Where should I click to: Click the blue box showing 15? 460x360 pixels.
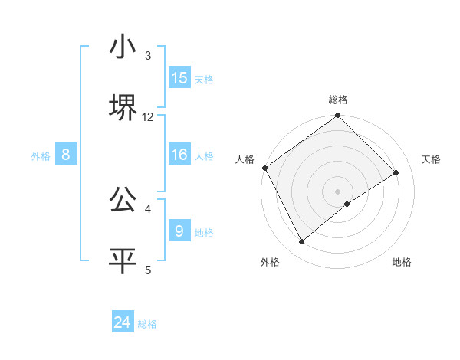179,78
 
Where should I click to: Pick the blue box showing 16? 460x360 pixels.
179,155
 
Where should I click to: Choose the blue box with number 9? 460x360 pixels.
179,230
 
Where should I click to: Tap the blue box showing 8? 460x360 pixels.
66,155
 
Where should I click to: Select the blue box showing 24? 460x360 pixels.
123,322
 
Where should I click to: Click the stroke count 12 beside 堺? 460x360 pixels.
148,116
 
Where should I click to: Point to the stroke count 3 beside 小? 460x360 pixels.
148,56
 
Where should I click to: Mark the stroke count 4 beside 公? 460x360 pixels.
148,208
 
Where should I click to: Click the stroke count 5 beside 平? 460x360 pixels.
148,269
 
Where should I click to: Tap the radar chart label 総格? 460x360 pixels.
338,100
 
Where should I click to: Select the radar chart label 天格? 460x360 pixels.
431,159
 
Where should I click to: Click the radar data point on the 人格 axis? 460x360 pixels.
264,168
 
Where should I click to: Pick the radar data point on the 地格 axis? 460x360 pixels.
347,204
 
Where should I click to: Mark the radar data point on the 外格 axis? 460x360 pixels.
302,242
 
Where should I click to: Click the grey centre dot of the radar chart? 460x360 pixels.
338,191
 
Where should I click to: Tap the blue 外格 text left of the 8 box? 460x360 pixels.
41,155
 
